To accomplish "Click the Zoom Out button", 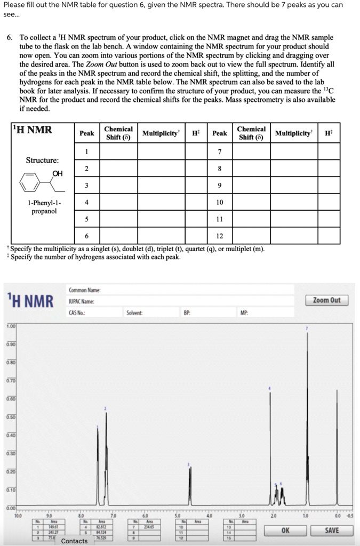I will coord(326,300).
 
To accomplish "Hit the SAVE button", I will coord(331,531).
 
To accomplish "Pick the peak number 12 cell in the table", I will coord(219,236).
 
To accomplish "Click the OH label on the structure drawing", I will coord(58,173).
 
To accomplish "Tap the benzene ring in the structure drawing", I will coord(30,184).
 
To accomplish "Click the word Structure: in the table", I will coord(43,160).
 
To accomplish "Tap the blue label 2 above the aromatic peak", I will coord(106,408).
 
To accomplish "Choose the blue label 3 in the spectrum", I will coord(188,464).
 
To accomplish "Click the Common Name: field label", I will coord(85,290).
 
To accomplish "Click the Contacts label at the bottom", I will coord(74,541).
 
